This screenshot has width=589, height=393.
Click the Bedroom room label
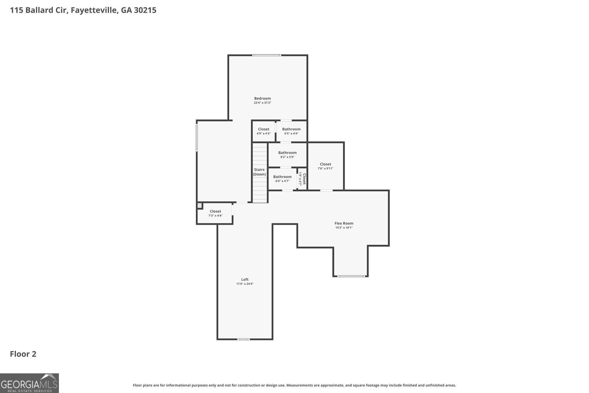262,98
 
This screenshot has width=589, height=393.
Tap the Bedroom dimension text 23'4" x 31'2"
262,103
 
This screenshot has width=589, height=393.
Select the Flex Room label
344,223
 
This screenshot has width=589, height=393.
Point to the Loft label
245,279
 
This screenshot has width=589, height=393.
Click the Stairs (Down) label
259,172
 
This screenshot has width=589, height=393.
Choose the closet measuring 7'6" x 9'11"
325,166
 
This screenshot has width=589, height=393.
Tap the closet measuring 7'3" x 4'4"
215,213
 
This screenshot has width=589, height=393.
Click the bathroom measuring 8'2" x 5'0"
288,155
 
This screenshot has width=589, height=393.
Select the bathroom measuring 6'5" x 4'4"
291,131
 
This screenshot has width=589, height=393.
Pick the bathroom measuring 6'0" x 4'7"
282,179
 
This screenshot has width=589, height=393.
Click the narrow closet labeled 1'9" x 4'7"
302,179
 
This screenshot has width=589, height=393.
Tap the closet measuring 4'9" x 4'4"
264,131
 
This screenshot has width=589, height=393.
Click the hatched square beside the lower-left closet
200,206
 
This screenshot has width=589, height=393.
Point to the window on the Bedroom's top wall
267,55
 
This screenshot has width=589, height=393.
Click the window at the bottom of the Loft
243,339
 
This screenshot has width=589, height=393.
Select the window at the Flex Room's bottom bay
351,276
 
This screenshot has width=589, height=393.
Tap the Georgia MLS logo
29,383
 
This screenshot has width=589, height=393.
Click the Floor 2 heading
23,354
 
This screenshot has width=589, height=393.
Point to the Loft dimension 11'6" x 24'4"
245,284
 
